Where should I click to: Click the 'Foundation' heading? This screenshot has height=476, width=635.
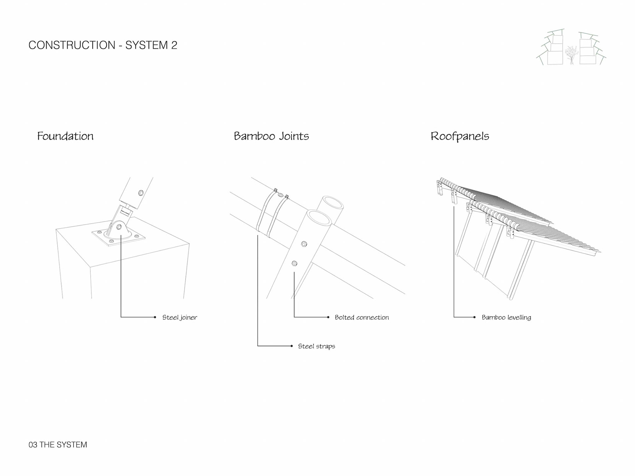(65, 136)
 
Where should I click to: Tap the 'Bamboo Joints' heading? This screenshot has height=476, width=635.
(271, 136)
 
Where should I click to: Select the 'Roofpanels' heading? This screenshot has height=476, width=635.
(460, 136)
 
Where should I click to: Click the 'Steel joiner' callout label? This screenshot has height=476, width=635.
(180, 317)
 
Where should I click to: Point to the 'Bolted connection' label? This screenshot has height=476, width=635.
(362, 317)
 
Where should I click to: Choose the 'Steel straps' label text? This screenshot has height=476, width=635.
(317, 346)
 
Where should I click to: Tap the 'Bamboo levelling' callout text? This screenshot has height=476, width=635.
(506, 317)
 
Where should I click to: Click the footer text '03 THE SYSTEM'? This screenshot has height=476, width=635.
(58, 445)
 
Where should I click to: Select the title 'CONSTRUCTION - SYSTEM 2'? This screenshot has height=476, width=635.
(103, 45)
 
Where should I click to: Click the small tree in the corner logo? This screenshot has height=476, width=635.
(571, 55)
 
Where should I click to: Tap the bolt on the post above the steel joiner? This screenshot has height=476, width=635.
(141, 193)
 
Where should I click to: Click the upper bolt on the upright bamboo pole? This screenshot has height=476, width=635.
(304, 244)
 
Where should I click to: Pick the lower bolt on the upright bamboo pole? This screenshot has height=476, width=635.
(294, 263)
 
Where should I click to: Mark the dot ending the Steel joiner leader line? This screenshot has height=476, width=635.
(155, 317)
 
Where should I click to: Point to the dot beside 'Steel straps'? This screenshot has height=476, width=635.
(291, 346)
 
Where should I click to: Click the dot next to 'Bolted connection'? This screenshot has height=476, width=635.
(328, 317)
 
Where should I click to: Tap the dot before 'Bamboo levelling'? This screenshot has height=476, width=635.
(475, 317)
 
